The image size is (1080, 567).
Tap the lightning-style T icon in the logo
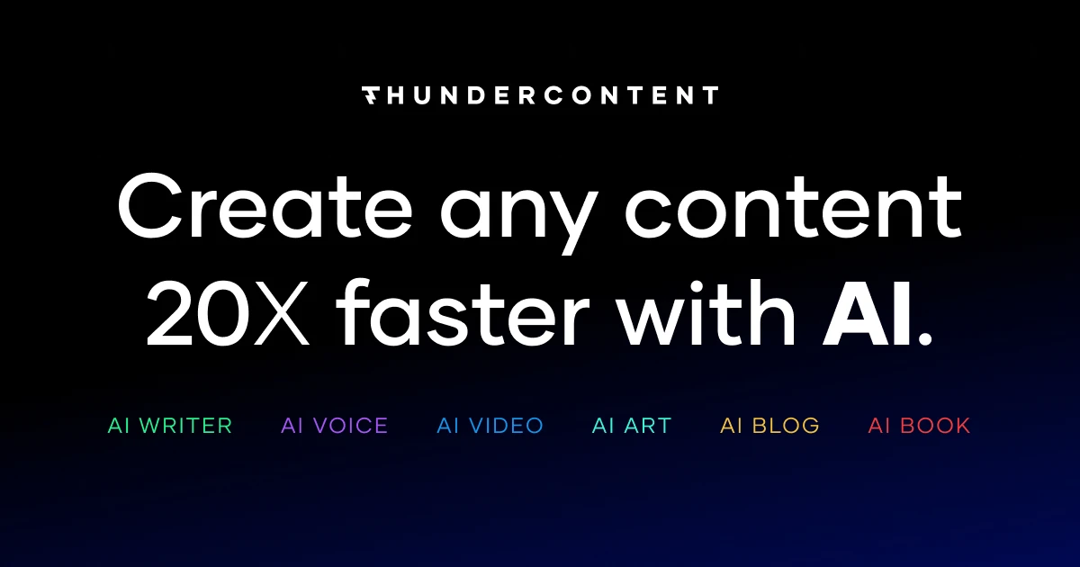370,95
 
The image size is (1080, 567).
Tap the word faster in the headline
463,315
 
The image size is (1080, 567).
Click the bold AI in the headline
865,315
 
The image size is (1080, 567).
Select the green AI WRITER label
170,426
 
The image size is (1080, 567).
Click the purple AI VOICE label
334,426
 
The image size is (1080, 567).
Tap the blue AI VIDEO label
490,426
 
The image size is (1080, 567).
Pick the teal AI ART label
632,426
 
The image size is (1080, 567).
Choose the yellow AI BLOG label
769,426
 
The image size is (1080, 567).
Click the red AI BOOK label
919,426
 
